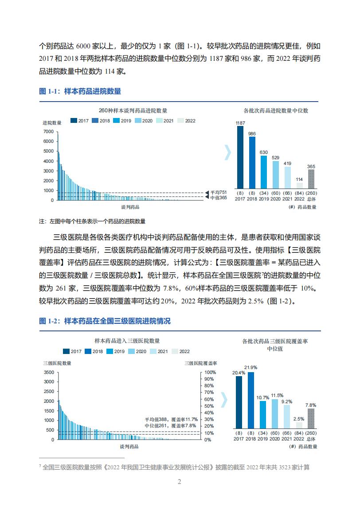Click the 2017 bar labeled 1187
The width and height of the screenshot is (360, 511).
click(240, 157)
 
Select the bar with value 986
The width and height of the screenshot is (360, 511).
click(252, 163)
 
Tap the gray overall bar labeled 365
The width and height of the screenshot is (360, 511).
click(311, 179)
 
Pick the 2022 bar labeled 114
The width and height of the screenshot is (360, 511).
click(299, 186)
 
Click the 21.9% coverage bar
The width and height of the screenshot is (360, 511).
click(251, 400)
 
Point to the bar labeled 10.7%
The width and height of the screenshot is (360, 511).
click(262, 415)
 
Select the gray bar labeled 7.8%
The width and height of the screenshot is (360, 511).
click(311, 418)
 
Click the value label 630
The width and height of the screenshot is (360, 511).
click(263, 152)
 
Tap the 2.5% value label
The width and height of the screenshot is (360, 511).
click(299, 419)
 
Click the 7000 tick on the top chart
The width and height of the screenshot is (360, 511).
click(48, 132)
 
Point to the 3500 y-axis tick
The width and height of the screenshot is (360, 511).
click(49, 372)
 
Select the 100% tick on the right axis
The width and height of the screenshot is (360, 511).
click(210, 372)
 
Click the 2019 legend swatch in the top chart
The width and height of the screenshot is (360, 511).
click(116, 121)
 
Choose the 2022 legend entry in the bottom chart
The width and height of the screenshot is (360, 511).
click(181, 351)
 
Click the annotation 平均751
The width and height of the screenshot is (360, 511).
click(218, 192)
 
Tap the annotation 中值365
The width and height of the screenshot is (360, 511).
click(218, 197)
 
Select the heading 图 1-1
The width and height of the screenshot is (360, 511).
click(50, 91)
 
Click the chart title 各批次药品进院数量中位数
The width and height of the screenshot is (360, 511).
click(276, 110)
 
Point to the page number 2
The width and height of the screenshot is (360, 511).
click(180, 482)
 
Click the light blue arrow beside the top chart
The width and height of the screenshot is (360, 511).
click(228, 152)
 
